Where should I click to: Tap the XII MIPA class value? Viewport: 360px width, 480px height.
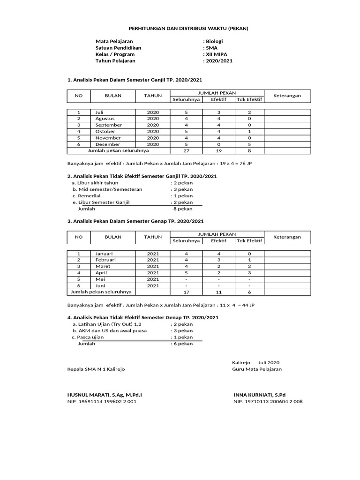pos(217,54)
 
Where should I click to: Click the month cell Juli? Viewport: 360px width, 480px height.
pos(99,112)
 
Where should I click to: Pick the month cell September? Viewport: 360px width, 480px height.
pos(108,125)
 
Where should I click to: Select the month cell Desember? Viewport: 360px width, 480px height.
pos(107,144)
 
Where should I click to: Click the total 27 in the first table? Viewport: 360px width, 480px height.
pos(186,151)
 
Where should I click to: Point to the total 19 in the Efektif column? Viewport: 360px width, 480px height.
pos(218,151)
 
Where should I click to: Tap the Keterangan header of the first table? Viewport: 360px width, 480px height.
pos(287,96)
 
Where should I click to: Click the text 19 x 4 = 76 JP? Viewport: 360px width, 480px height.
pos(236,164)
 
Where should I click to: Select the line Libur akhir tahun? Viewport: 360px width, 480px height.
pos(98,183)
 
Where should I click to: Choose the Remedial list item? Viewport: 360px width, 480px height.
pos(87,196)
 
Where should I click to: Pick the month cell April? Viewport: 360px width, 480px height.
pos(102,272)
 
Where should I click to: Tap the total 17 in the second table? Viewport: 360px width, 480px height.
pos(186,292)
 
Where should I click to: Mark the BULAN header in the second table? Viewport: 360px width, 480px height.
pos(113,237)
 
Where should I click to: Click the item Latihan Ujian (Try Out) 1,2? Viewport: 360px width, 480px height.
pos(107,324)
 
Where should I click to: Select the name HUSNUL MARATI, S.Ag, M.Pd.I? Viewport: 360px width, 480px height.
pos(105,395)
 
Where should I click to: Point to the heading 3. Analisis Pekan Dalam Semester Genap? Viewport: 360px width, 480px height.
pos(135,221)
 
